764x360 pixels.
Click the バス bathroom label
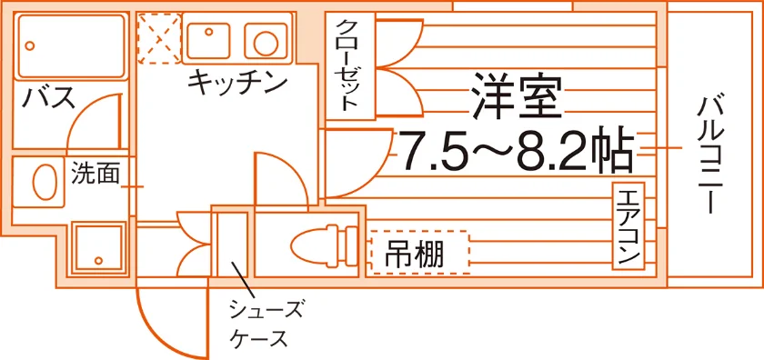coord(50,97)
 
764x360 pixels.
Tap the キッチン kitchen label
coord(236,82)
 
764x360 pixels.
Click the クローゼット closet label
coord(350,65)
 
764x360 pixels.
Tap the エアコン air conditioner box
coord(628,226)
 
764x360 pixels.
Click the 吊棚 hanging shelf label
coord(414,254)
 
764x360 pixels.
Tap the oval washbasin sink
coord(45,181)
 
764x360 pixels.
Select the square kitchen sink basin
coord(208,40)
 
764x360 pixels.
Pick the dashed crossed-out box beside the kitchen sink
coord(159,38)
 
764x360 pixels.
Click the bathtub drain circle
coord(30,46)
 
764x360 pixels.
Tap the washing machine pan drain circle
coord(99,260)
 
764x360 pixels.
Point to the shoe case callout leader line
coord(243,280)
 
